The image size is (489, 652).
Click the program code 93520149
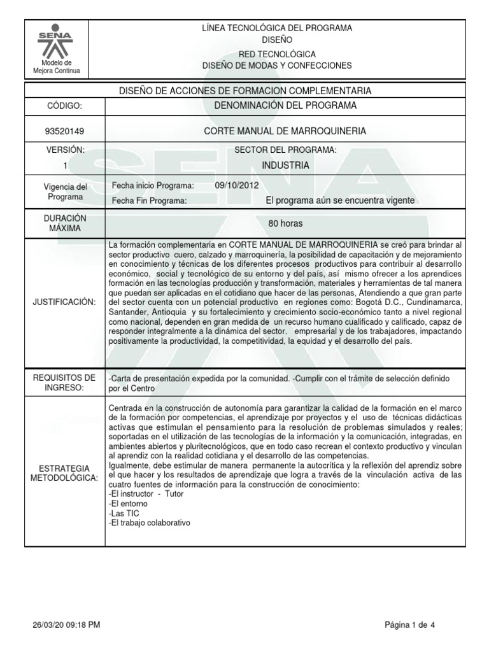tap(65, 131)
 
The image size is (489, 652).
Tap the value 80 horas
tap(286, 224)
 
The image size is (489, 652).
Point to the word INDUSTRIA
tap(286, 166)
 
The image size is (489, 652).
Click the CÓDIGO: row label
tap(65, 105)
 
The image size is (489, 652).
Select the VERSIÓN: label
tap(65, 150)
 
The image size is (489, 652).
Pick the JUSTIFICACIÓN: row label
tap(65, 301)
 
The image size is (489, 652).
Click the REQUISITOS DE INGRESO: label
tap(65, 383)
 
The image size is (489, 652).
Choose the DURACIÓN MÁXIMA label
tap(65, 223)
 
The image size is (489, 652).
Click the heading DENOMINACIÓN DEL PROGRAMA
tap(286, 105)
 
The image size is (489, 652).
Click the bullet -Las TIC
tap(124, 513)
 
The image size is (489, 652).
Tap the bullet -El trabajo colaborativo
tap(150, 522)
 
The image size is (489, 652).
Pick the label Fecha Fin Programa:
tap(149, 201)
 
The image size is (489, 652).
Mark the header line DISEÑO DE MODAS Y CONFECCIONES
tap(277, 66)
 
